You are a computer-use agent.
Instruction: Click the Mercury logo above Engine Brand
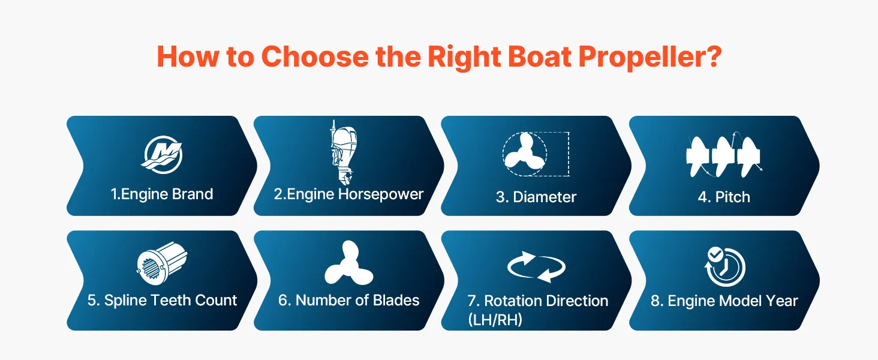coord(161,155)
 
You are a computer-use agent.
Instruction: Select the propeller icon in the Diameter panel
coord(524,155)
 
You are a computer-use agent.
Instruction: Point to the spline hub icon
coord(162,263)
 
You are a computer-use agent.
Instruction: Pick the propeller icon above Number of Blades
coord(349,263)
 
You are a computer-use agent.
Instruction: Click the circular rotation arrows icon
coord(536,267)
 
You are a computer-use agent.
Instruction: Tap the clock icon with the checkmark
coord(724,266)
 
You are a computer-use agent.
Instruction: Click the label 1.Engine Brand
coord(162,194)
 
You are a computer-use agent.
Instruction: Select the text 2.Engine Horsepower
coord(348,194)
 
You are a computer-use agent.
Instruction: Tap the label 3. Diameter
coord(536,197)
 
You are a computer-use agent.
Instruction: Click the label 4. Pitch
coord(723,197)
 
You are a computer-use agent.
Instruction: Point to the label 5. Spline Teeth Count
coord(162,301)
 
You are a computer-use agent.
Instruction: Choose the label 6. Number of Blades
coord(348,301)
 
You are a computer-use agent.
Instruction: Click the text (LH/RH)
coord(495,320)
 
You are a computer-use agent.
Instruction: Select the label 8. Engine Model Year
coord(724,301)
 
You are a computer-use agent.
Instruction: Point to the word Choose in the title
coord(315,56)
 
